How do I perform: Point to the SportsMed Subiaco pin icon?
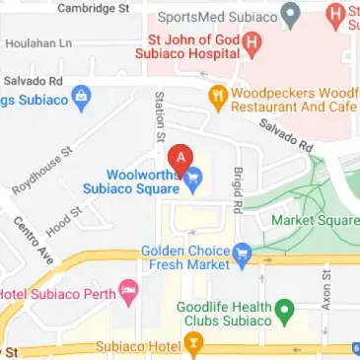290,15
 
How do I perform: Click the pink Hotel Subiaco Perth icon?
127,290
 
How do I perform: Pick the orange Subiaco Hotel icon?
195,346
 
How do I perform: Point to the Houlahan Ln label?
37,43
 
